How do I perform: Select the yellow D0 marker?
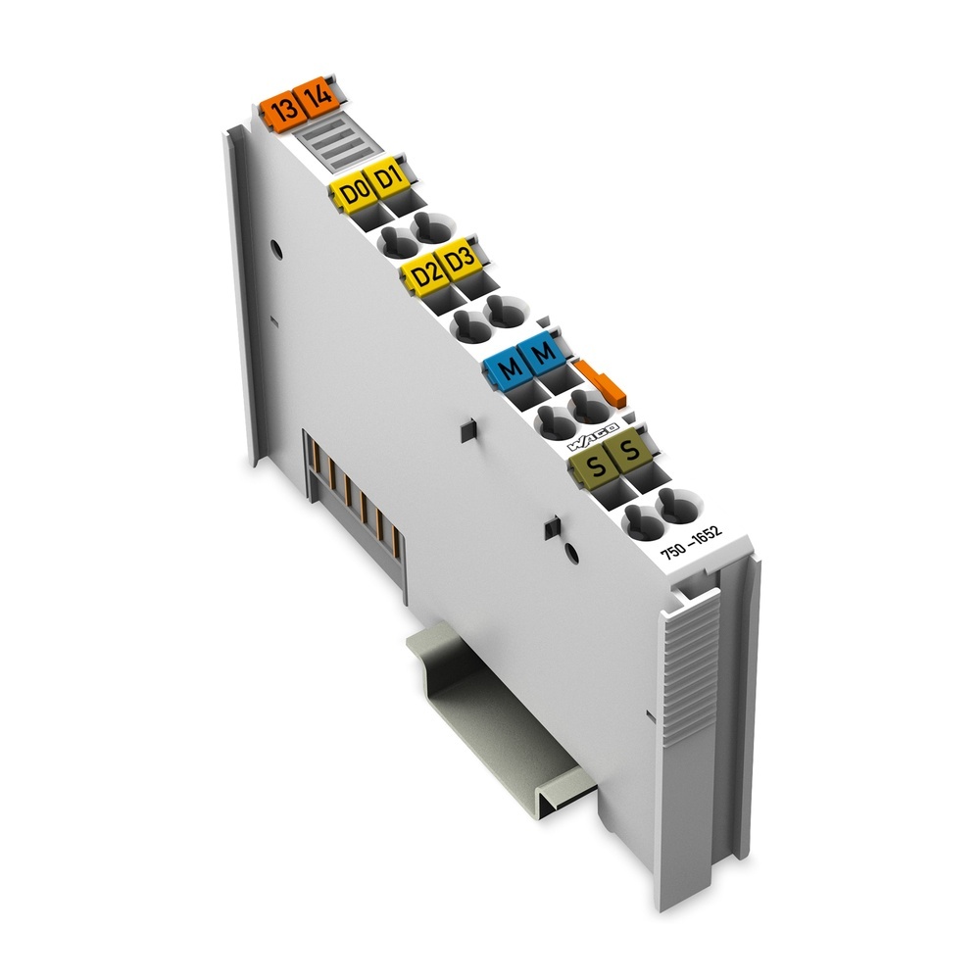353,193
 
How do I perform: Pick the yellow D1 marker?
388,181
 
